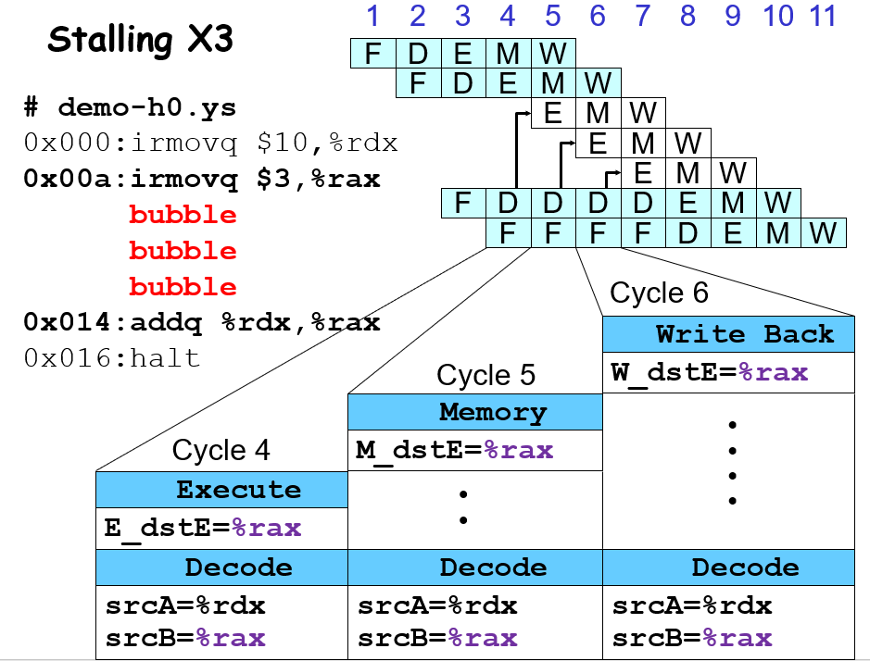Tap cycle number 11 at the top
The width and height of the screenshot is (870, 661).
pyautogui.click(x=822, y=16)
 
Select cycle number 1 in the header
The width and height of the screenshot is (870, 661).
pyautogui.click(x=372, y=16)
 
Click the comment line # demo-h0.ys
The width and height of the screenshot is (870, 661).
pyautogui.click(x=130, y=107)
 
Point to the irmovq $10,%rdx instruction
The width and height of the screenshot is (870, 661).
pyautogui.click(x=210, y=143)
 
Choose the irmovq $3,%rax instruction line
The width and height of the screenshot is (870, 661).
pyautogui.click(x=201, y=179)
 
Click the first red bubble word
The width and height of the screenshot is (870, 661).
pyautogui.click(x=183, y=215)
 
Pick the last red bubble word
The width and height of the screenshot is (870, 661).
pyautogui.click(x=183, y=286)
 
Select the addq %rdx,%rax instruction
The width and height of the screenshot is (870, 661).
pyautogui.click(x=201, y=322)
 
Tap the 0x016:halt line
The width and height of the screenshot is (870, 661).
pyautogui.click(x=111, y=358)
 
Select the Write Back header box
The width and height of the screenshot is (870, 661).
pyautogui.click(x=728, y=333)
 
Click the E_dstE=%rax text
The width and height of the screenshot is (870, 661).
pyautogui.click(x=203, y=529)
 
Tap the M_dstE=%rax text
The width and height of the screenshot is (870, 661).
pyautogui.click(x=455, y=451)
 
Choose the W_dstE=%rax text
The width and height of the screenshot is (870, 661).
pyautogui.click(x=710, y=373)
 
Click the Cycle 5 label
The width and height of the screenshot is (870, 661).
pyautogui.click(x=485, y=375)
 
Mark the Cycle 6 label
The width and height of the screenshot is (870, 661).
pyautogui.click(x=659, y=293)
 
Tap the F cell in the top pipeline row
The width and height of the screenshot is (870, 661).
pyautogui.click(x=372, y=54)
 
